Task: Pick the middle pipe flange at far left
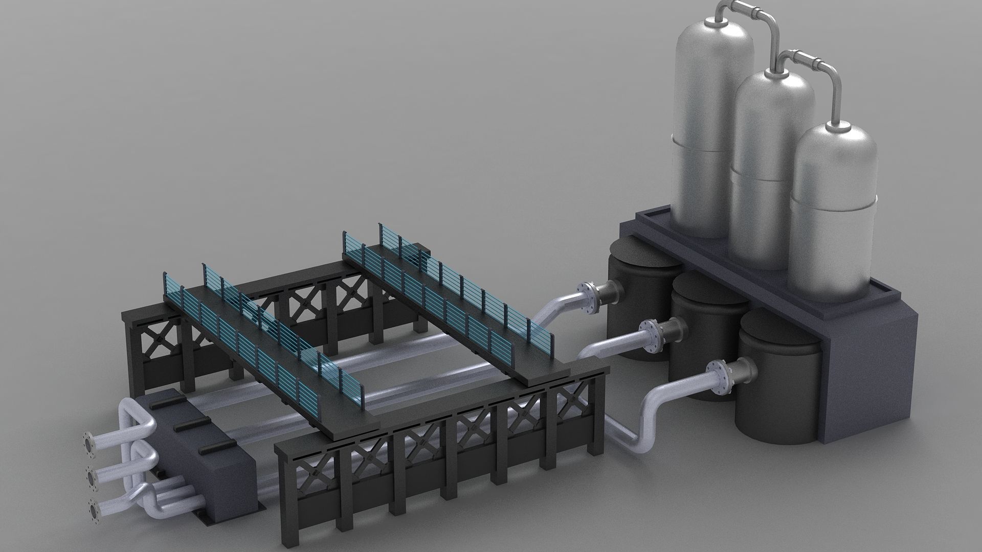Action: tap(92, 478)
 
